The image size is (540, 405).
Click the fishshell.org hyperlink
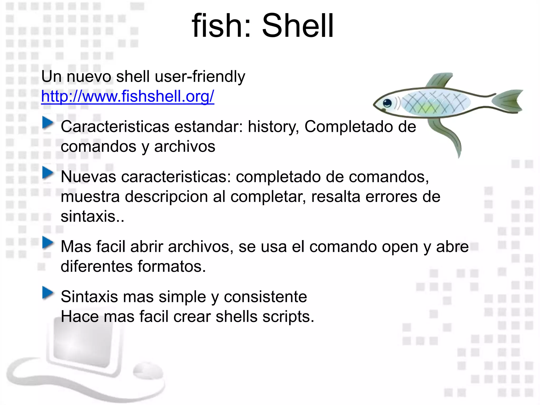click(128, 96)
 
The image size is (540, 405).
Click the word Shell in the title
click(298, 26)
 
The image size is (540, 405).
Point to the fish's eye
click(387, 103)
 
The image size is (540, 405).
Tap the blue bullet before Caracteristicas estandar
click(48, 123)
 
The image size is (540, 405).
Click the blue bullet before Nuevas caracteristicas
click(48, 173)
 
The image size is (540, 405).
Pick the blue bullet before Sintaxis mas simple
click(48, 293)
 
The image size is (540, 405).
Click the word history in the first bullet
click(273, 127)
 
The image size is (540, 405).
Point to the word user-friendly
click(200, 77)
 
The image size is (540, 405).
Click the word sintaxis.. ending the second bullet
click(92, 216)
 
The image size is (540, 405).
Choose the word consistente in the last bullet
click(265, 297)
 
